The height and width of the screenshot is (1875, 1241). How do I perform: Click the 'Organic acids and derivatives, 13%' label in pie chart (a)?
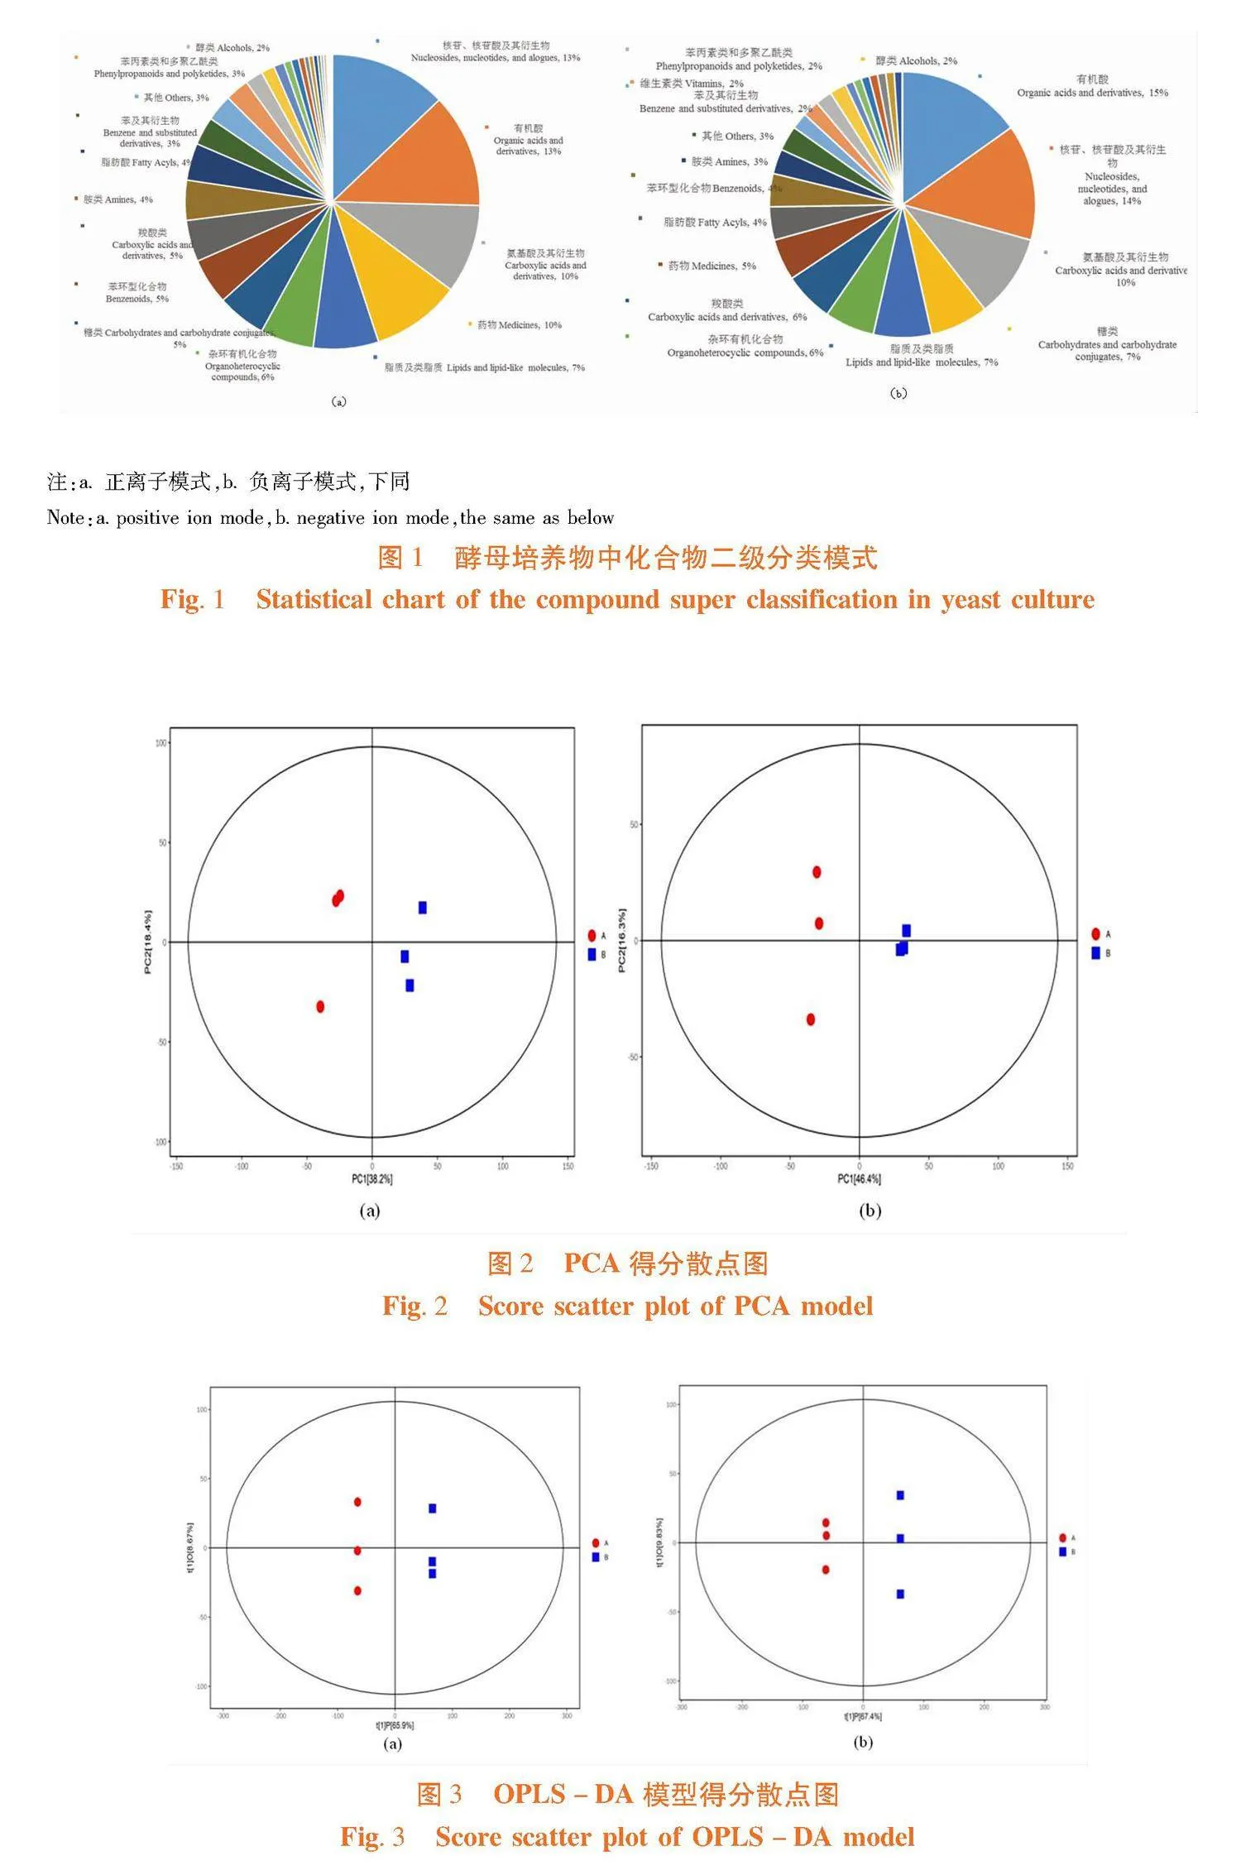point(528,141)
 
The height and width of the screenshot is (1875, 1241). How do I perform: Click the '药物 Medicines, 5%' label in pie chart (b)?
point(712,266)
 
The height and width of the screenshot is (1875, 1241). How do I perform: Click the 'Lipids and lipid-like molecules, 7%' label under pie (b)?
point(922,362)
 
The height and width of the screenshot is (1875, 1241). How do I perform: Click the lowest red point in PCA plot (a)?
point(320,1006)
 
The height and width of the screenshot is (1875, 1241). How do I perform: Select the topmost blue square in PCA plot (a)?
point(423,908)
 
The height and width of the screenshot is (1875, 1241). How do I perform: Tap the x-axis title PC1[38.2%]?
point(372,1178)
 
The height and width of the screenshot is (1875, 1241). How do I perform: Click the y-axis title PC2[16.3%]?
point(622,941)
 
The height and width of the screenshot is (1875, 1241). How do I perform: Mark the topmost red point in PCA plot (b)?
point(817,871)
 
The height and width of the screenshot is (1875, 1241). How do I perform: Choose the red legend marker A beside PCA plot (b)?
point(1095,933)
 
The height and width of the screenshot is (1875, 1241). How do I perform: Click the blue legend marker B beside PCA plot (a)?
point(592,954)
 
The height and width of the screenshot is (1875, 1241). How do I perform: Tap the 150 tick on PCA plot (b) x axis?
point(1067,1166)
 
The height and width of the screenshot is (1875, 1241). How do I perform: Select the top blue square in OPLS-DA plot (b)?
point(900,1495)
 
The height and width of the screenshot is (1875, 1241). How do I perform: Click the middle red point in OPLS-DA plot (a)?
point(357,1551)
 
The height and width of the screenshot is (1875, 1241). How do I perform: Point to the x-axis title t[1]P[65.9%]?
point(395,1725)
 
